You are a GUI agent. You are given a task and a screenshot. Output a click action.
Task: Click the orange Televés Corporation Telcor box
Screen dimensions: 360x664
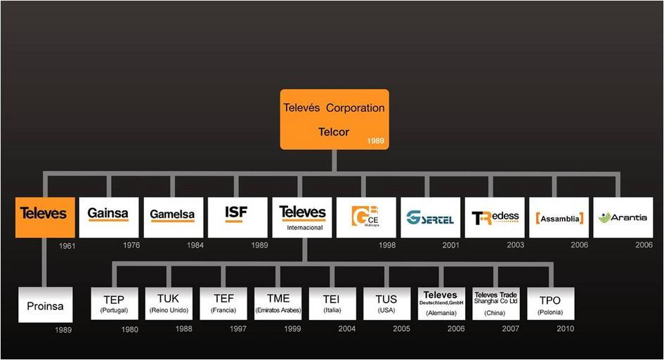click(x=334, y=119)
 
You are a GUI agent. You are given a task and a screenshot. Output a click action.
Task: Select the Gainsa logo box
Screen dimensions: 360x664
click(x=108, y=217)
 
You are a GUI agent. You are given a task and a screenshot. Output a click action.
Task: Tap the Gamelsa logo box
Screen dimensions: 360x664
click(x=173, y=217)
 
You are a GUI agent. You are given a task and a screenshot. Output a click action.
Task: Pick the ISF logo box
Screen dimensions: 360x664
click(x=237, y=217)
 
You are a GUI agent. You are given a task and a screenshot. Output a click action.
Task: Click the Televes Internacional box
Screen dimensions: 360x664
click(x=302, y=217)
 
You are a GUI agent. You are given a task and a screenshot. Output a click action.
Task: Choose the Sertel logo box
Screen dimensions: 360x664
click(x=430, y=217)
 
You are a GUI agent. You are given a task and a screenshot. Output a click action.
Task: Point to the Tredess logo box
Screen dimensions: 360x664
click(x=494, y=217)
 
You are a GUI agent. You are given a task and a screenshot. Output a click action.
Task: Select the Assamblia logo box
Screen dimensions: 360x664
click(x=559, y=217)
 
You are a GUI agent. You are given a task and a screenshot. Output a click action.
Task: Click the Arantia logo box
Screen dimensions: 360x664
click(x=623, y=217)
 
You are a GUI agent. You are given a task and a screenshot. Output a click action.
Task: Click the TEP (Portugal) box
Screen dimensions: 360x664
click(x=114, y=304)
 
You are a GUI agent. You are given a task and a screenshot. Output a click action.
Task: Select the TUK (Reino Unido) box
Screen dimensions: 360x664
click(x=168, y=304)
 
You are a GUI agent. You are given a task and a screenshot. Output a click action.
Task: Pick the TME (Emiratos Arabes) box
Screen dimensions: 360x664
click(x=278, y=304)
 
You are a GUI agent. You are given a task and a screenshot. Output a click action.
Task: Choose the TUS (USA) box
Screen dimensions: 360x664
click(x=386, y=304)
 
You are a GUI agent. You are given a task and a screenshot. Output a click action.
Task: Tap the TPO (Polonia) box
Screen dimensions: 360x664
click(x=550, y=304)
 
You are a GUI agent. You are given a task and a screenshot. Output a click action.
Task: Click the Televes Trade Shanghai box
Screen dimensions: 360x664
click(x=495, y=304)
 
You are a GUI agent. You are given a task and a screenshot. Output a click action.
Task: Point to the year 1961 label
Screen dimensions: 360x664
click(x=66, y=246)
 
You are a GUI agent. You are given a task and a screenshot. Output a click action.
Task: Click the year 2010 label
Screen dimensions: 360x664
click(x=565, y=329)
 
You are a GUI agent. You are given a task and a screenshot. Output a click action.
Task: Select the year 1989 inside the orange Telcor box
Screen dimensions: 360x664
click(x=376, y=141)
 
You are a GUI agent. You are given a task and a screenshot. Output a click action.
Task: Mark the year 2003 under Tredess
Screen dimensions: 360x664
click(x=515, y=245)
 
